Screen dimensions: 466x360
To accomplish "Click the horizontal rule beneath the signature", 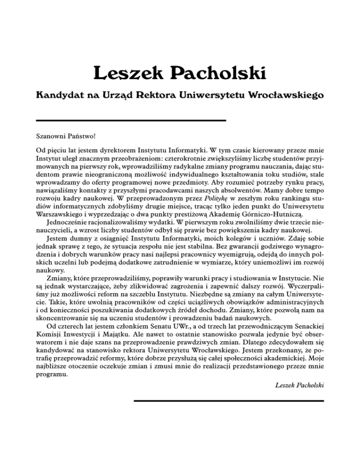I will tap(229, 400).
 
